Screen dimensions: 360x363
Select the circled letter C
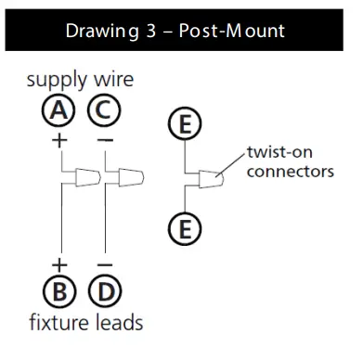click(103, 112)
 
